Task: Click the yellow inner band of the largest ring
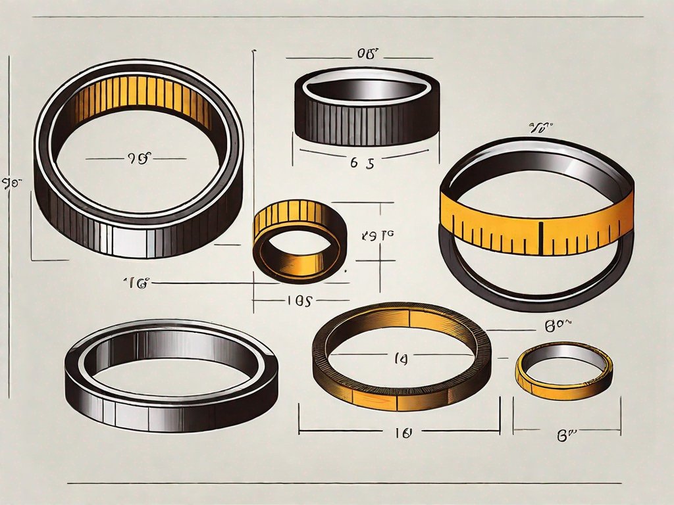142,99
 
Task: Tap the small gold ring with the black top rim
299,240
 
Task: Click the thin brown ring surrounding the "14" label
402,395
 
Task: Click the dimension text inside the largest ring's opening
137,158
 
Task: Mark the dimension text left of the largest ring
9,181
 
